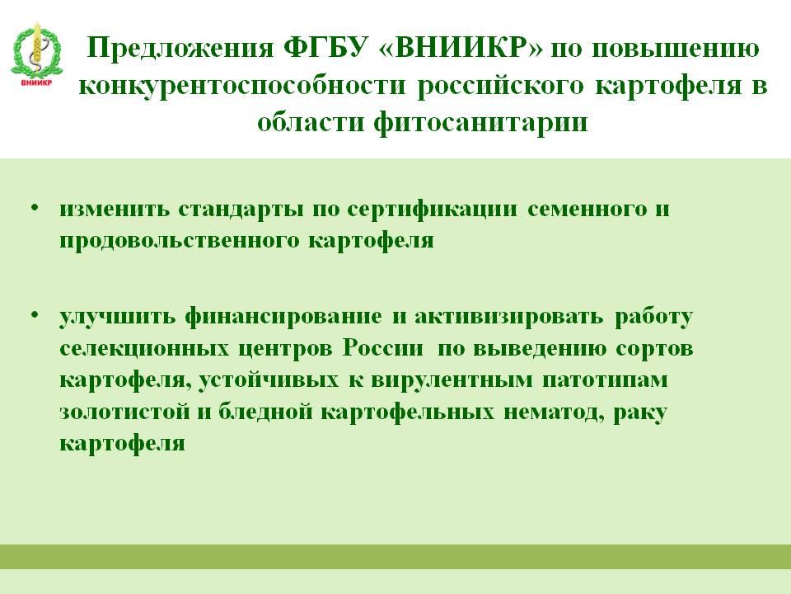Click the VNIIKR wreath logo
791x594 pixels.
(x=36, y=54)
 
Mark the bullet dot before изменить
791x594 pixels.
(x=35, y=208)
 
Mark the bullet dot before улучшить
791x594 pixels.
(x=35, y=314)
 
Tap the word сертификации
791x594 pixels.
(x=433, y=210)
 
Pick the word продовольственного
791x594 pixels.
(x=178, y=240)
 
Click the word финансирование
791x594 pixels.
(x=283, y=317)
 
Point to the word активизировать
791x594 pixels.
(x=508, y=317)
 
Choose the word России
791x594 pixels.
(x=383, y=348)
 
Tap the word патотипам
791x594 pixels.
(x=606, y=380)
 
